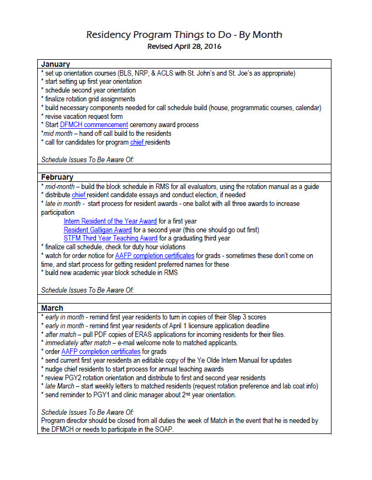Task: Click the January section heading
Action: point(55,64)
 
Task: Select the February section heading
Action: point(57,177)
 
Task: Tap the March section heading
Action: point(52,308)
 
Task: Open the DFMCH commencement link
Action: point(94,125)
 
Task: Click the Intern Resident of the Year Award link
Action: point(110,221)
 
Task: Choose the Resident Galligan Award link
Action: point(98,230)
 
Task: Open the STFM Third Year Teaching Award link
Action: point(111,238)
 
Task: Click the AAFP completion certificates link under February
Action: point(154,256)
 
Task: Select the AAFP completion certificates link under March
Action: point(101,351)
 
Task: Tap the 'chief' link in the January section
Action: point(136,142)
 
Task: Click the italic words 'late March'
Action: point(61,386)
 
